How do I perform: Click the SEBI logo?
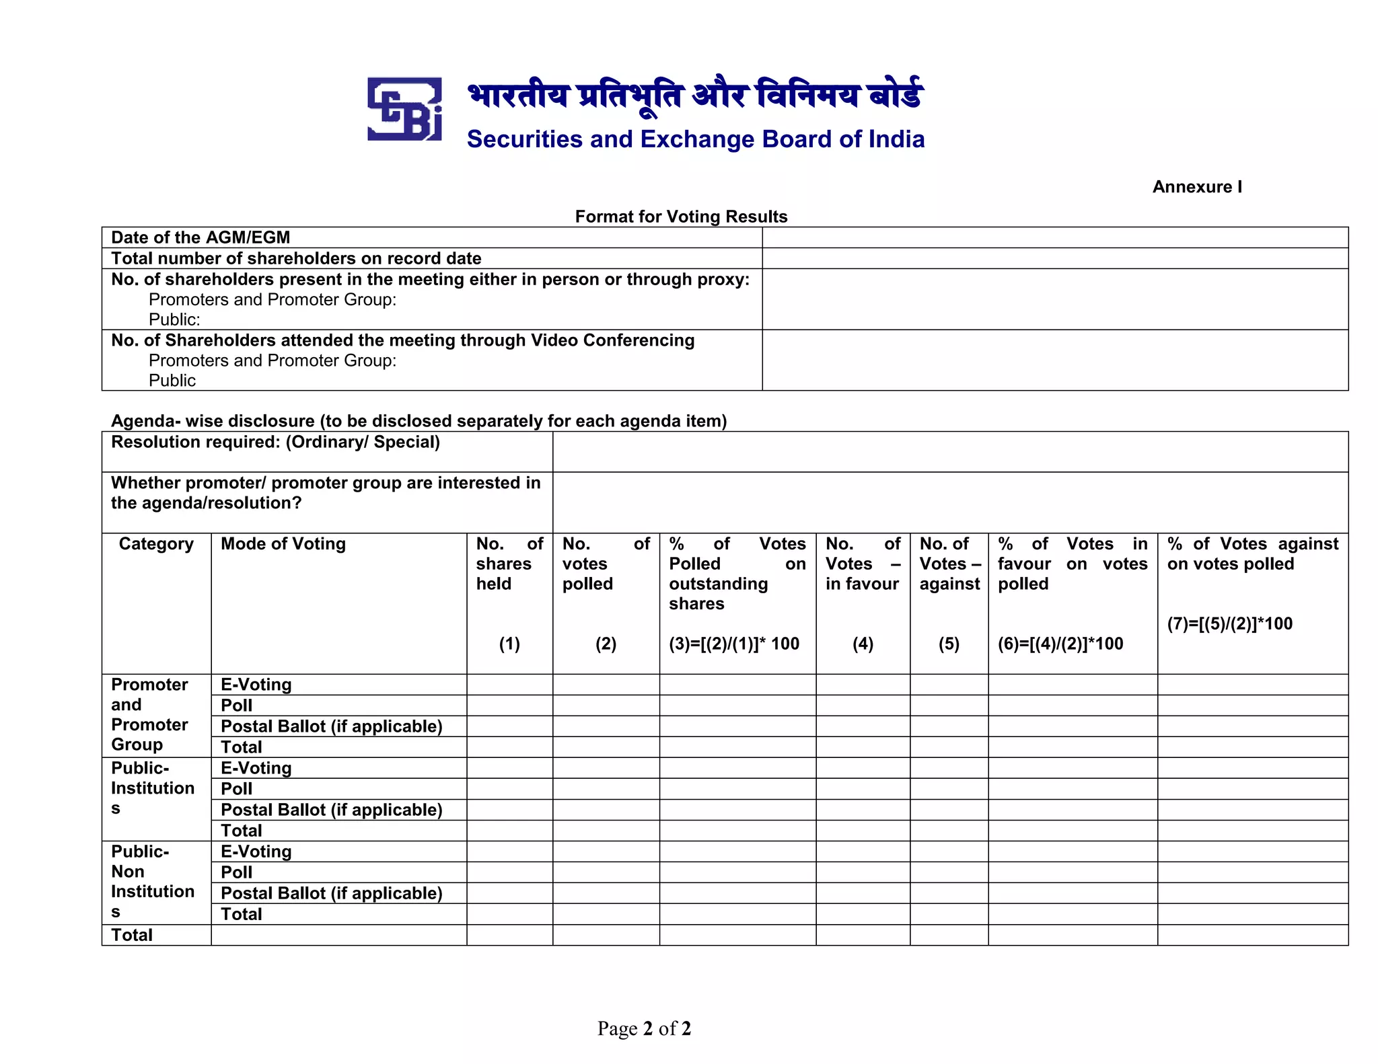404,109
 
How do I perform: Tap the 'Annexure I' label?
1197,187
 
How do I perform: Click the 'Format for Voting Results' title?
681,217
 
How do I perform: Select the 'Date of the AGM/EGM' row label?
201,237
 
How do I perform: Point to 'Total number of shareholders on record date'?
296,258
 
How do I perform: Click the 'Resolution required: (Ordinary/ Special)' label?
275,442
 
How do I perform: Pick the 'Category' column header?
156,543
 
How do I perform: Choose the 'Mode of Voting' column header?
283,543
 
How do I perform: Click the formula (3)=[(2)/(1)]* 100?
734,644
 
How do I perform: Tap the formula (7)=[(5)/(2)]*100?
1230,623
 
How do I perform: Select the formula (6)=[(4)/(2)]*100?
1060,644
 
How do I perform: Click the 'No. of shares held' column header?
509,564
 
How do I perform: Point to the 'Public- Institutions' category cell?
153,788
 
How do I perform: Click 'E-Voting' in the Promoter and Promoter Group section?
256,685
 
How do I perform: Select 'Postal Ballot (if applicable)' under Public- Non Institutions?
332,893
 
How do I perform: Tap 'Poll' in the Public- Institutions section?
237,789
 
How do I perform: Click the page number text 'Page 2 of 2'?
644,1028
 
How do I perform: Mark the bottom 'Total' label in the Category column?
132,935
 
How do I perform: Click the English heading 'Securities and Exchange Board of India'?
696,139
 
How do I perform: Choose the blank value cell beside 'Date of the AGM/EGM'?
1054,237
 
